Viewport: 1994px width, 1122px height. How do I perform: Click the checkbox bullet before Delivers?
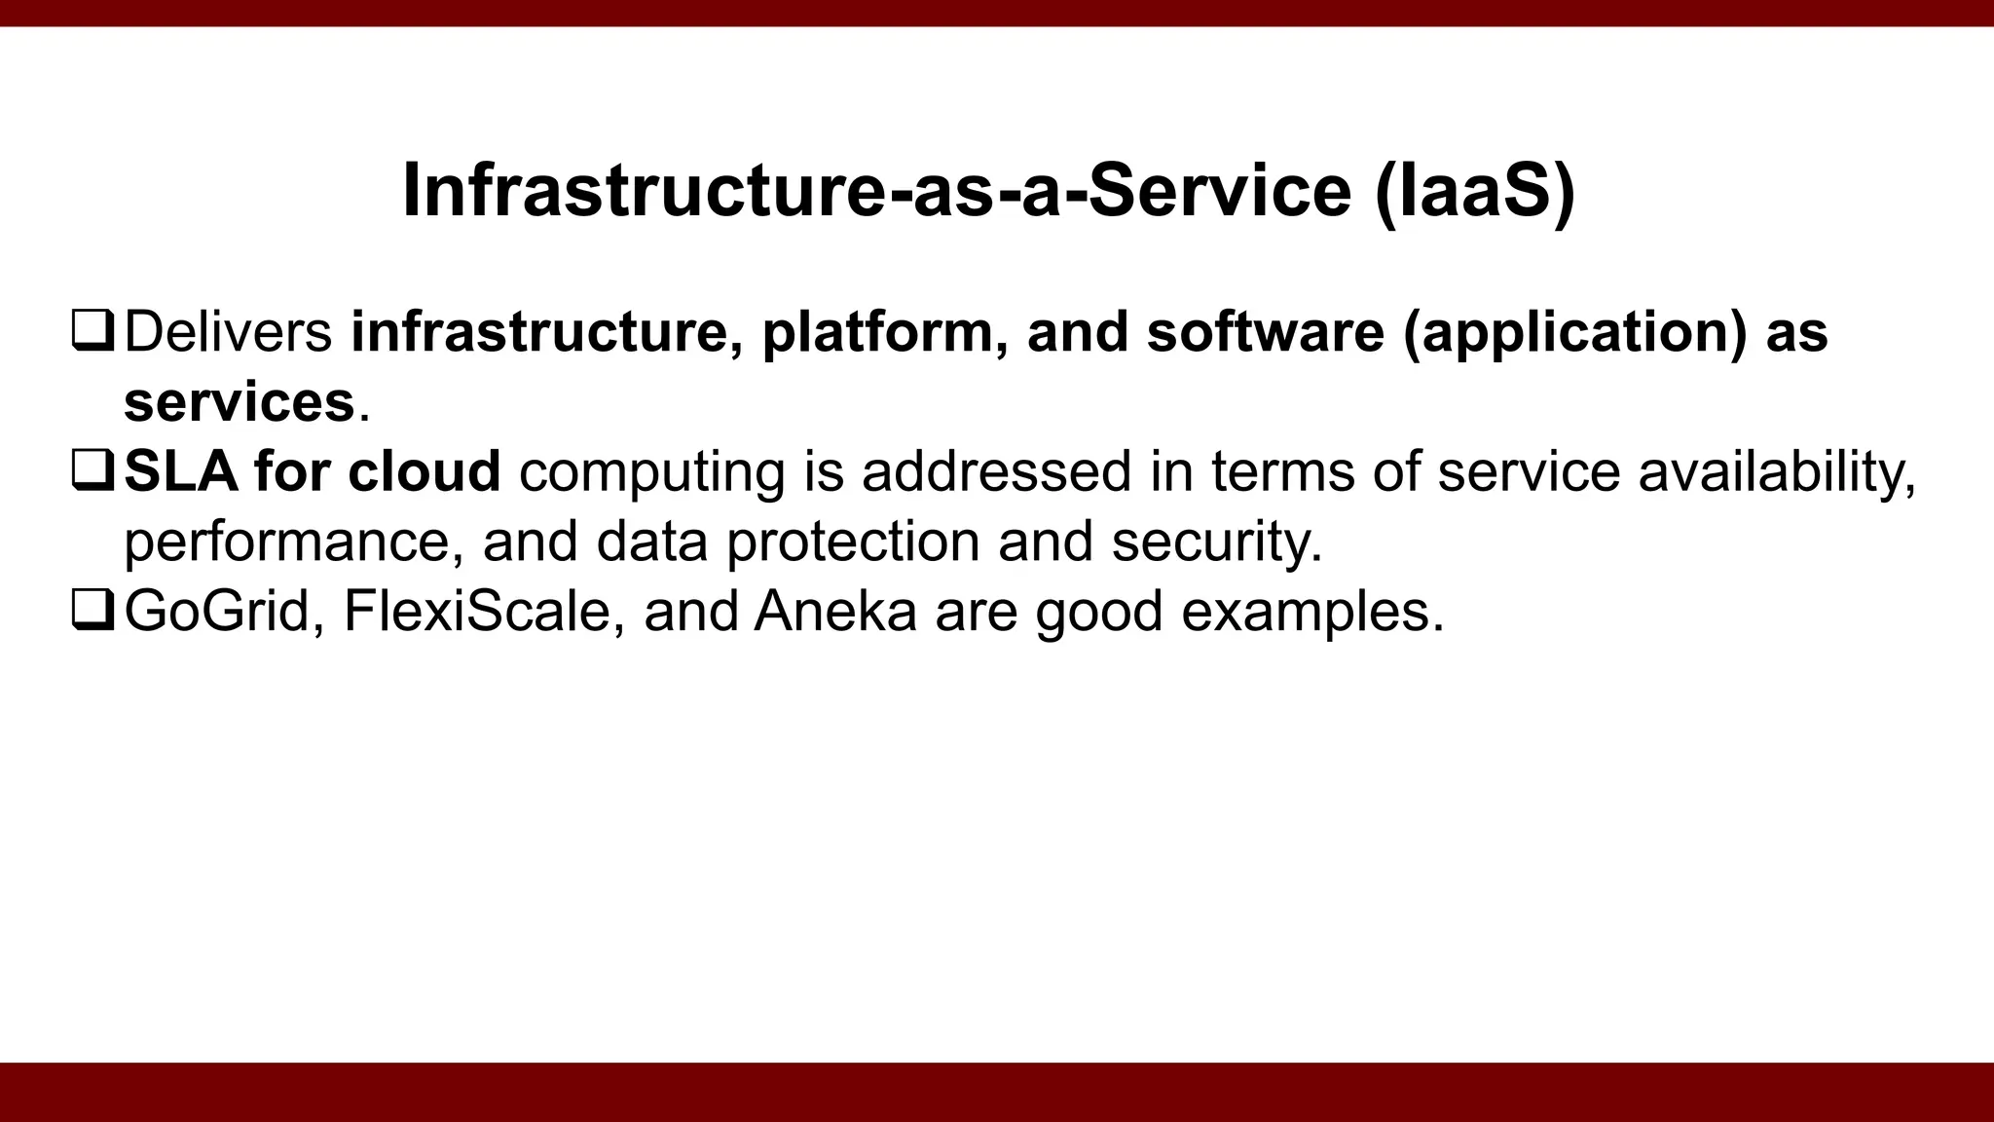[93, 331]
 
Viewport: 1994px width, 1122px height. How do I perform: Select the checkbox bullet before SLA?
[93, 471]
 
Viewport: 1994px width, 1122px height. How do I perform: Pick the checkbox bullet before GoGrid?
[93, 611]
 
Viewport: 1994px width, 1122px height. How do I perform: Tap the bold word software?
[1265, 331]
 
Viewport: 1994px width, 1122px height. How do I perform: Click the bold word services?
[239, 401]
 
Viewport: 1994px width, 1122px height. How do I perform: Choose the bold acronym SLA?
[181, 471]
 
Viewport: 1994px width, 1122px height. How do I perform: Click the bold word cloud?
[425, 471]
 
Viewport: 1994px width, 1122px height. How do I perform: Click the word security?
[1217, 542]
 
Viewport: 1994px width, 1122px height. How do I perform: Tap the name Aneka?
[835, 612]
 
